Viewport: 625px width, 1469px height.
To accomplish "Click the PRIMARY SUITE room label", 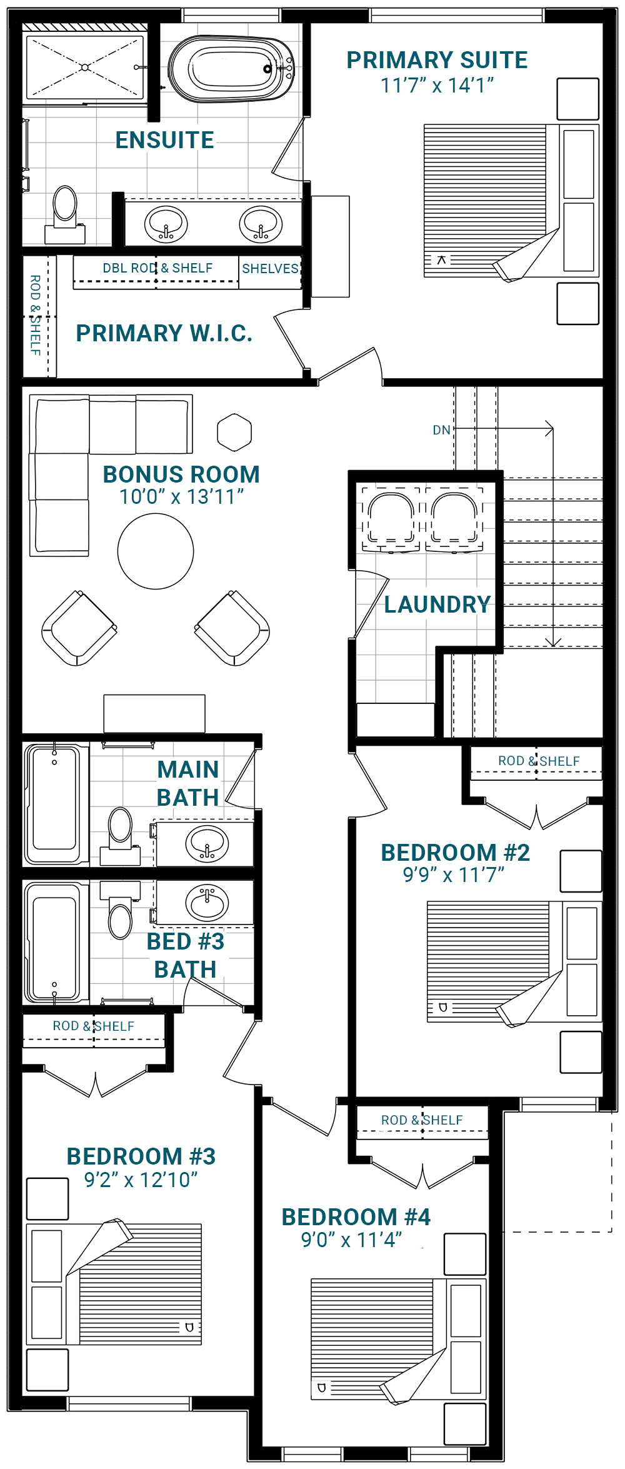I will click(437, 61).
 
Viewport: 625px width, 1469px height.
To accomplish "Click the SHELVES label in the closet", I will click(270, 269).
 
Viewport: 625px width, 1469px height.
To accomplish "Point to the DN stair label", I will click(441, 430).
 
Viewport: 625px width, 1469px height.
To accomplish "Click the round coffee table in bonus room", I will click(156, 551).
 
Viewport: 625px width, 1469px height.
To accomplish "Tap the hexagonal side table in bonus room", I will click(234, 432).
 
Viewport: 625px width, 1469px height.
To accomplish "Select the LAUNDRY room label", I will click(437, 604).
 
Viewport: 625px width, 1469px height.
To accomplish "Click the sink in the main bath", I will click(207, 843).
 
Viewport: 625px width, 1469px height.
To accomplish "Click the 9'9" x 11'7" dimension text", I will click(453, 875).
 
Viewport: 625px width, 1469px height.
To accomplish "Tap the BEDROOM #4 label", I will click(356, 1217).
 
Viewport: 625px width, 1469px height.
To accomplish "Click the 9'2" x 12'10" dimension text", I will click(141, 1180).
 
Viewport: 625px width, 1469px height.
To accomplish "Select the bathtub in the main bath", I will click(55, 804).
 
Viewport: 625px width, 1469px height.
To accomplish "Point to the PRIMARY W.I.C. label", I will click(164, 333).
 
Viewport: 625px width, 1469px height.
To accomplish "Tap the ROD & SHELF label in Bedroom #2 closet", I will click(538, 761).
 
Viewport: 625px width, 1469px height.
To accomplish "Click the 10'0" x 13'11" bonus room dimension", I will click(181, 497).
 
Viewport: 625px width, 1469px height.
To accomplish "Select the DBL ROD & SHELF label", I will click(157, 268).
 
